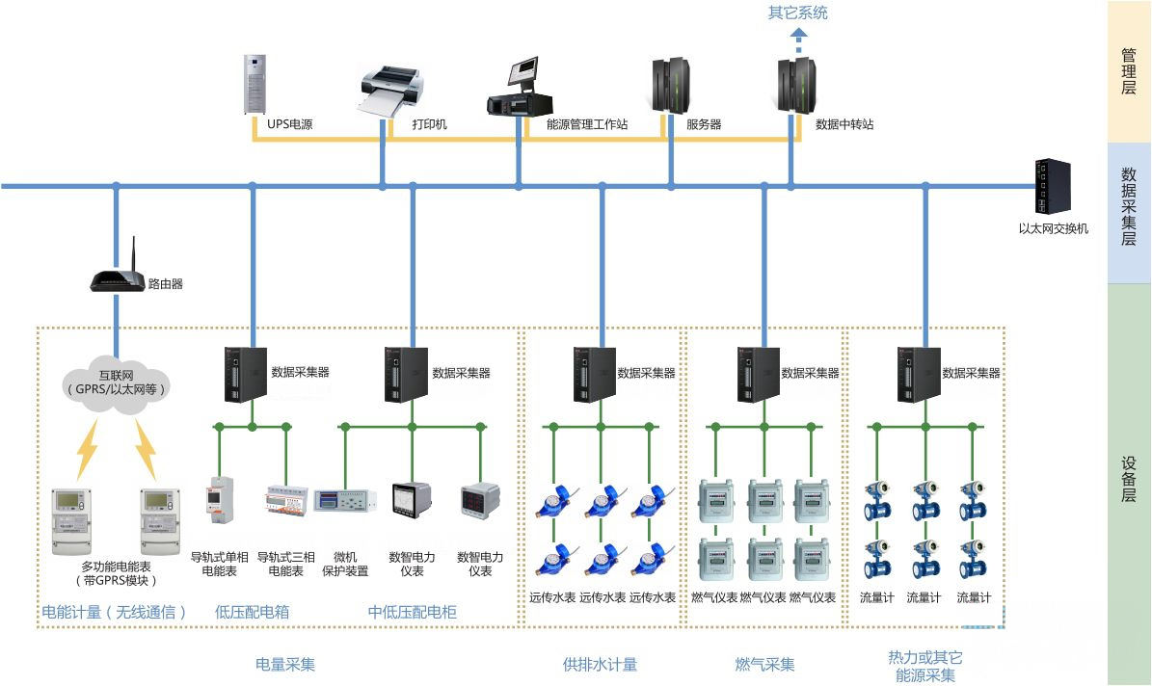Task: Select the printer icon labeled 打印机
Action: click(x=389, y=91)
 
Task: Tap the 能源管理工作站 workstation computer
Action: click(x=523, y=87)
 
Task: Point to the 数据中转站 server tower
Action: click(x=798, y=85)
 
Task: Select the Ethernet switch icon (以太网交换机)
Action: click(x=1053, y=187)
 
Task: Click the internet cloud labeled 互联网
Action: click(x=115, y=383)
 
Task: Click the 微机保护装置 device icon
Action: click(x=344, y=502)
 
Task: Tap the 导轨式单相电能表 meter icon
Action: click(x=219, y=502)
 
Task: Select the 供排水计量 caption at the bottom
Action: click(x=600, y=664)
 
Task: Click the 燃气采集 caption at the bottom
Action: click(x=765, y=664)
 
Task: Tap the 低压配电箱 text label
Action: click(x=252, y=612)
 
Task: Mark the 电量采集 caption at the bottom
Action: click(x=285, y=664)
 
